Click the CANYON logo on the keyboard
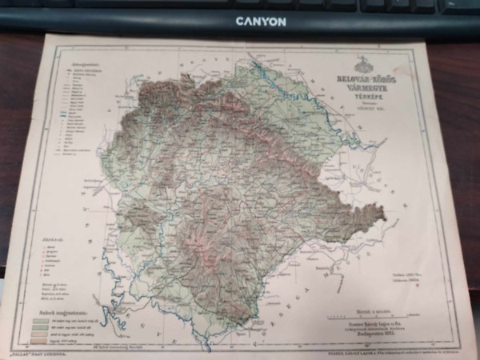point(260,22)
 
